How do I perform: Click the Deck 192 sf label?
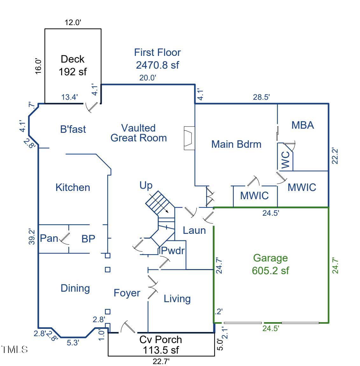coord(73,65)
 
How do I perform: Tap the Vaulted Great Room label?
coord(139,133)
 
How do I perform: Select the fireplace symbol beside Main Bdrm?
coord(189,138)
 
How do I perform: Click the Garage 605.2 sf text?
coord(270,264)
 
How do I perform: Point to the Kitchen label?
coord(73,187)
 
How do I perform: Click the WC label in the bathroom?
coord(285,159)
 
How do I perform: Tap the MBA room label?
coord(303,125)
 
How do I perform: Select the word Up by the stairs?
coord(146,185)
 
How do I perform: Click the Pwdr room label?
coord(173,251)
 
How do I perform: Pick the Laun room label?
coord(194,230)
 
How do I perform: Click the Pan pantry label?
coord(49,238)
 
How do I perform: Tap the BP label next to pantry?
coord(88,239)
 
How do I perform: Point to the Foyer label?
coord(127,293)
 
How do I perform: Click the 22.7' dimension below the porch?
coord(161,362)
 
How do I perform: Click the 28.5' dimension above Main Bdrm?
coord(261,97)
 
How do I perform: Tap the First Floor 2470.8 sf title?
coord(157,58)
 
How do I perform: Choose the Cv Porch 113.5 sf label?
coord(161,344)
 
